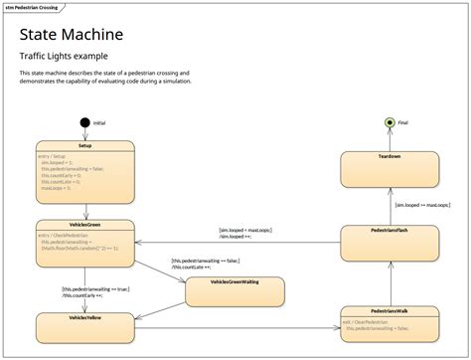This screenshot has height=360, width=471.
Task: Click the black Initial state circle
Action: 84,122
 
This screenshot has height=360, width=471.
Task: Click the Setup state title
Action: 84,145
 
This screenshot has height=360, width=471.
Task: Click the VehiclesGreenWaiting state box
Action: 235,290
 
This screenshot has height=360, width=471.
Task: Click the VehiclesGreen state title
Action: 84,224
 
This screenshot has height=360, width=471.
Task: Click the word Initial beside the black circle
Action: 99,122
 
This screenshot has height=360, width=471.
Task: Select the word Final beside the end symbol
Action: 402,122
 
